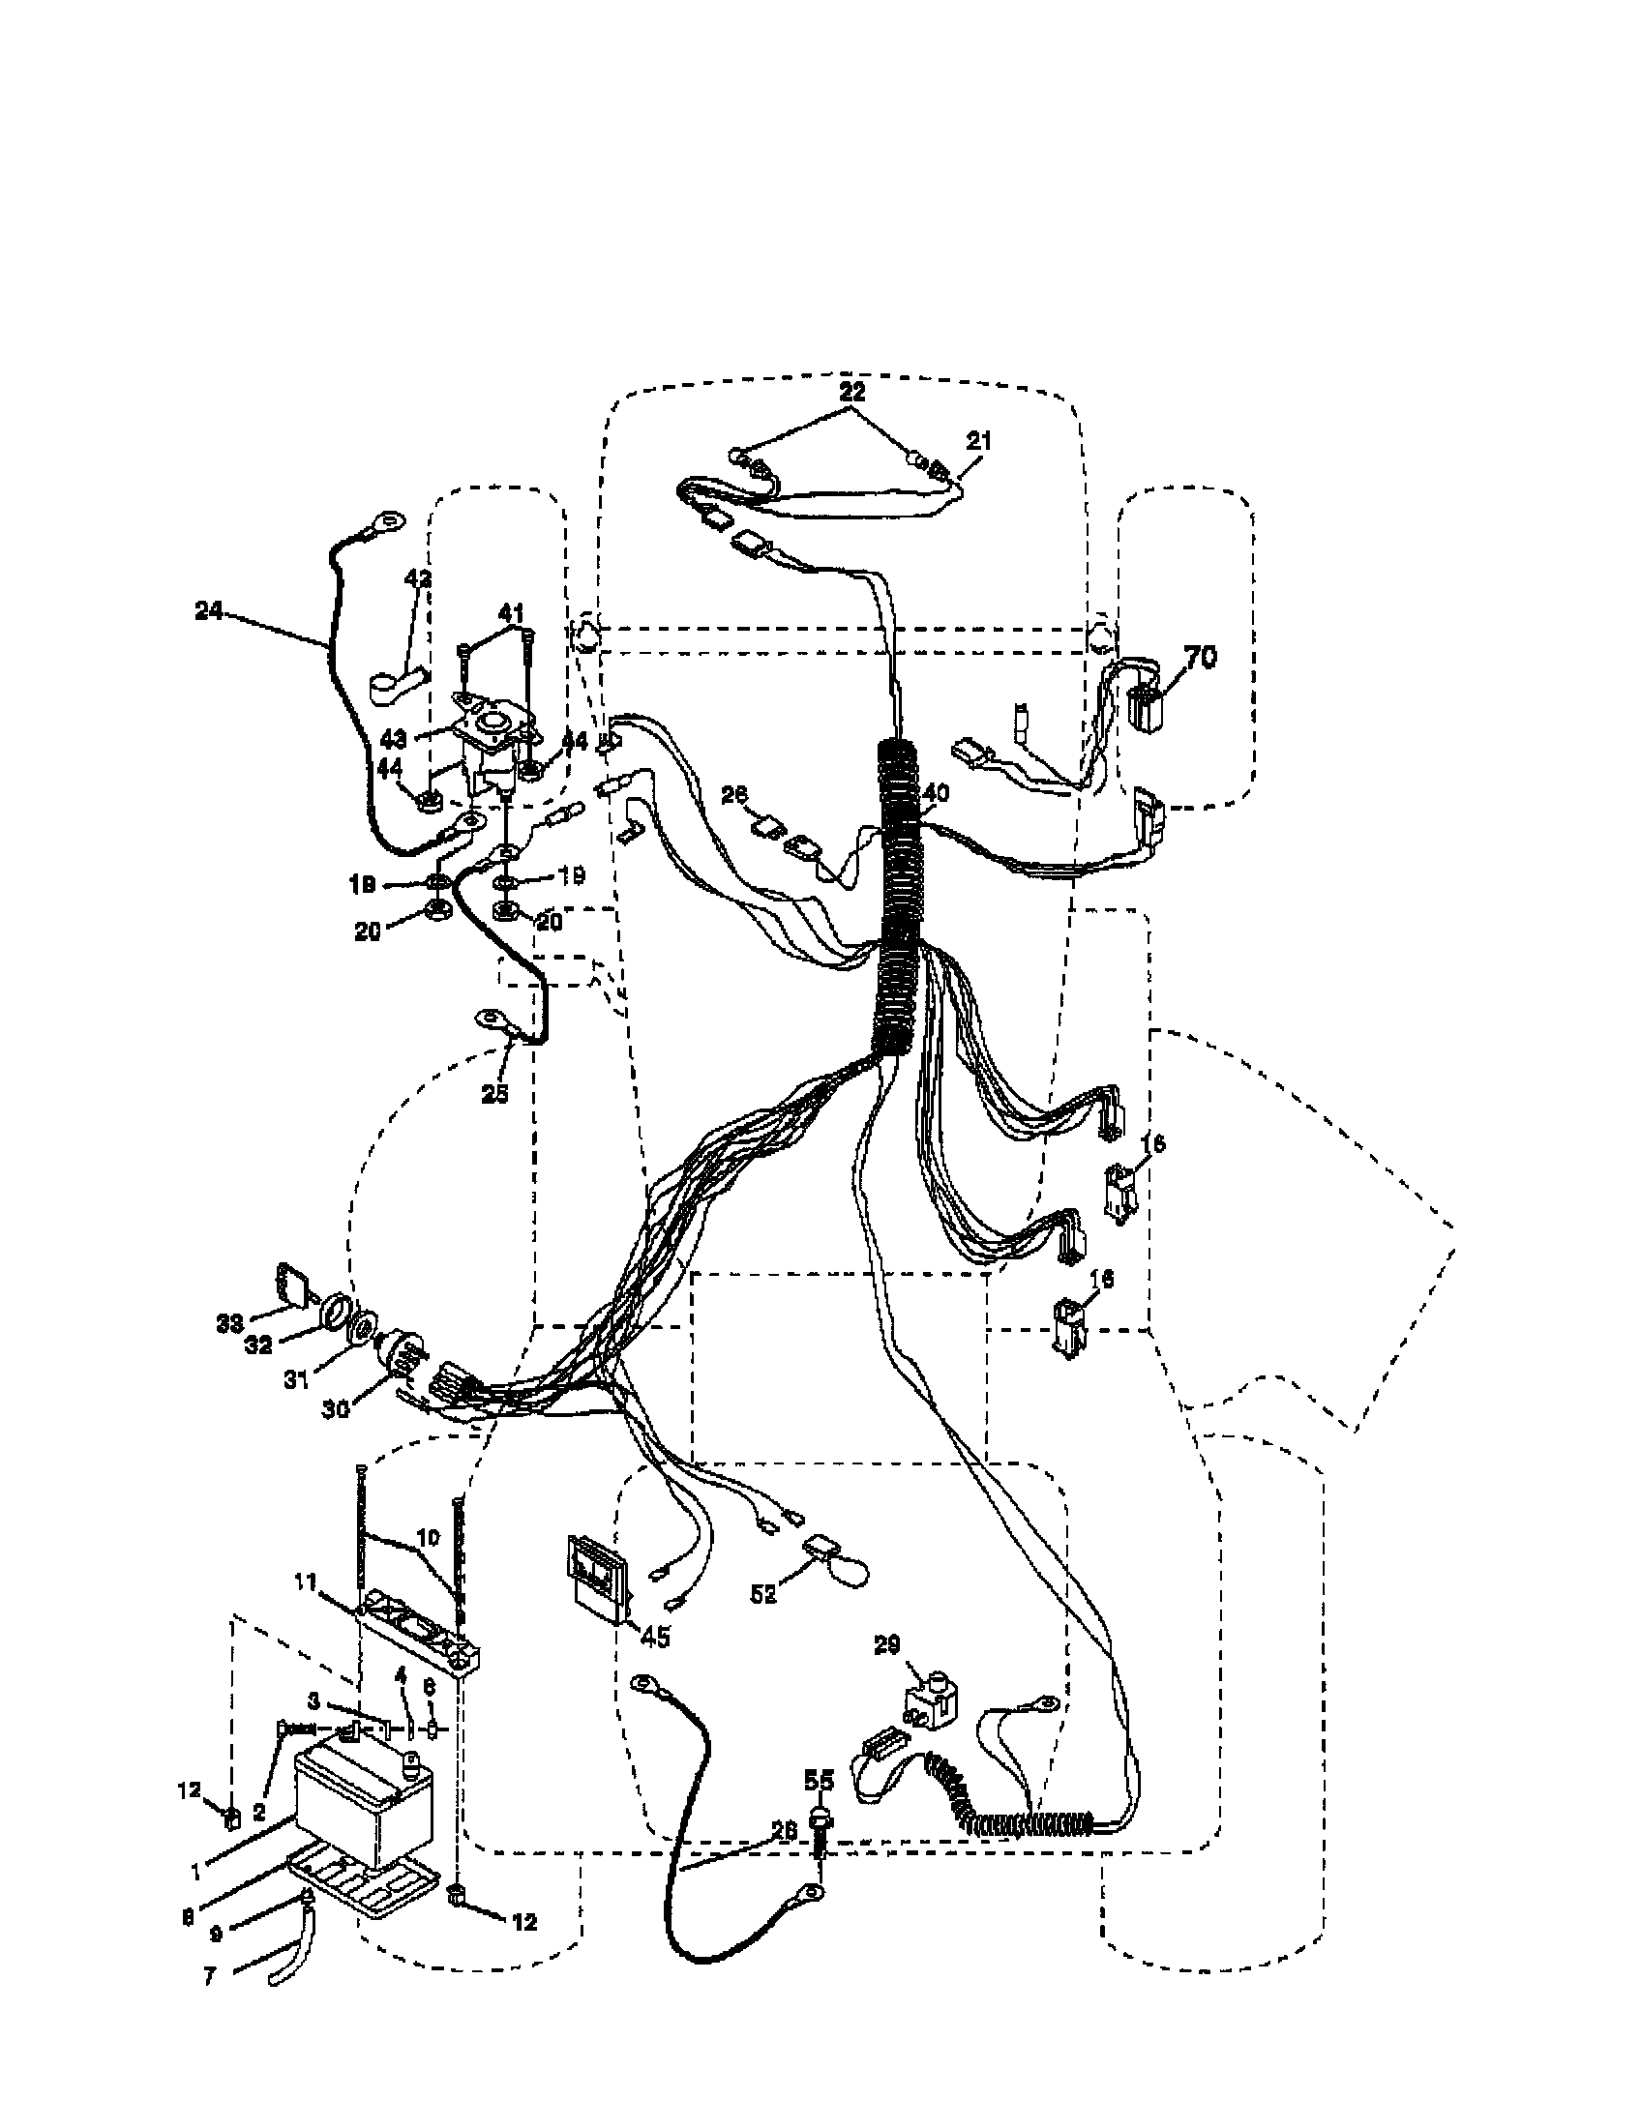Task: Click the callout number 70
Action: (1201, 657)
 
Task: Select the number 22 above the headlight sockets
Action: (851, 393)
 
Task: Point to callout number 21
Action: (979, 440)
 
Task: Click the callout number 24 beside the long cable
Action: (209, 611)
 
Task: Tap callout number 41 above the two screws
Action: (512, 613)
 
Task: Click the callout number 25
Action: (494, 1094)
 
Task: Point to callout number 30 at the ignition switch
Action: (335, 1409)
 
